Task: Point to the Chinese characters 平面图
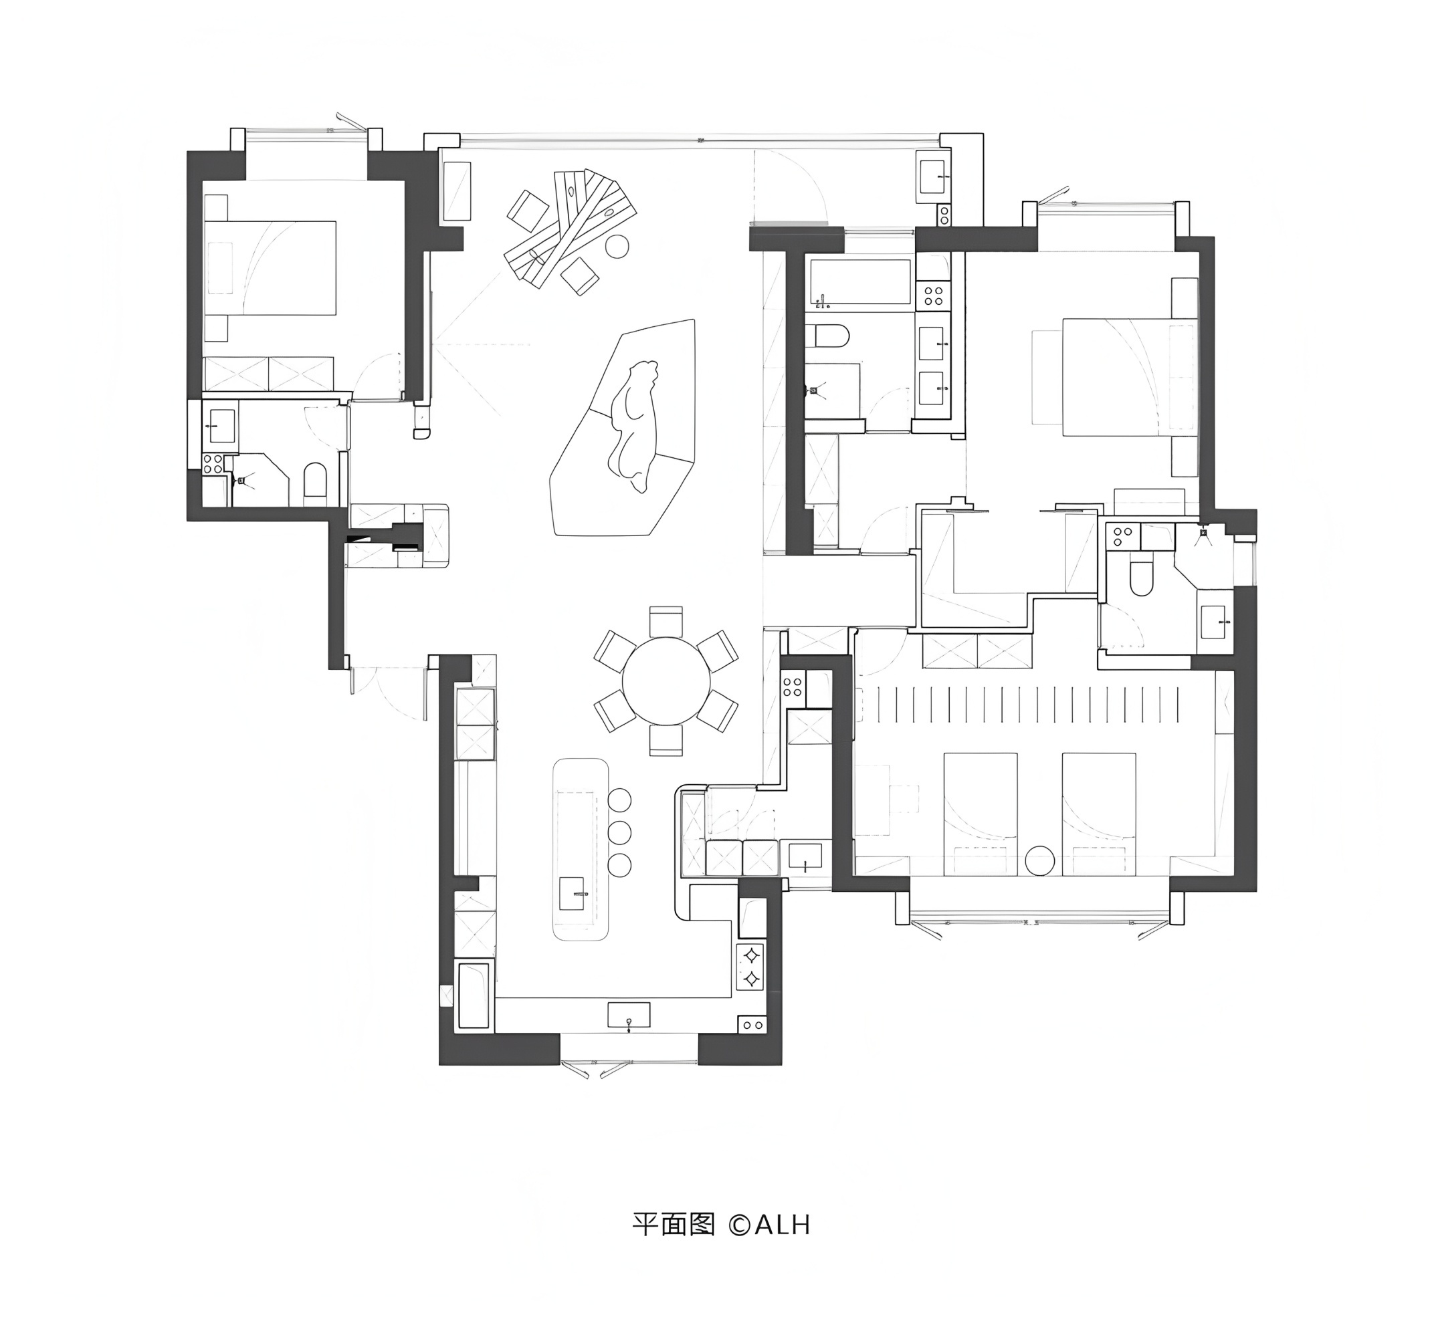click(674, 1225)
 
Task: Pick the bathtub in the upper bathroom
click(858, 282)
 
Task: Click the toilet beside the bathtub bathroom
click(830, 336)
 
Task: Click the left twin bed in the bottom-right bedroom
click(981, 814)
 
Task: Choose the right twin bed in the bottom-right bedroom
click(1098, 814)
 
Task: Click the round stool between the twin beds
click(1039, 860)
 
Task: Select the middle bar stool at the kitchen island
click(620, 832)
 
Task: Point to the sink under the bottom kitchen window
click(628, 1014)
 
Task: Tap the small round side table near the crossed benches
click(617, 246)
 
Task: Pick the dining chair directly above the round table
click(666, 620)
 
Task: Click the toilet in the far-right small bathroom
click(1142, 578)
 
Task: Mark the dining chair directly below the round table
click(666, 740)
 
